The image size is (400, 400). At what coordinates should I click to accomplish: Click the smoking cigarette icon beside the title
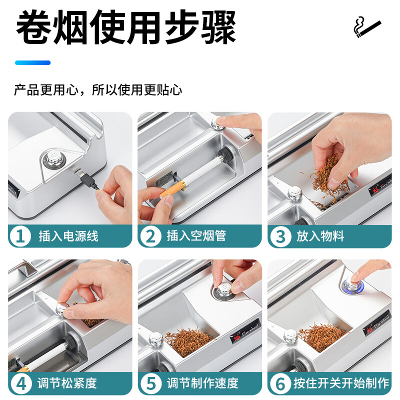[x=367, y=27]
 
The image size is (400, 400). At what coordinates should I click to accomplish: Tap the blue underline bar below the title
[x=32, y=63]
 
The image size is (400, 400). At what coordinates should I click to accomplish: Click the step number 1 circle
[x=20, y=236]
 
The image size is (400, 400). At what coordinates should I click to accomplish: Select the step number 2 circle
[x=151, y=236]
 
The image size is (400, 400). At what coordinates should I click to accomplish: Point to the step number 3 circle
[x=280, y=236]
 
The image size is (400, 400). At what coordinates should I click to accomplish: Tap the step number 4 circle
[x=21, y=383]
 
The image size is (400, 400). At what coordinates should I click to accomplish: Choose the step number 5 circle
[x=151, y=383]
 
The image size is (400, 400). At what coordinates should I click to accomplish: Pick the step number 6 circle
[x=280, y=383]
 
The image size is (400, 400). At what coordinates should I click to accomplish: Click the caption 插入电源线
[x=68, y=236]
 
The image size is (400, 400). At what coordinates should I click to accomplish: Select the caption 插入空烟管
[x=196, y=235]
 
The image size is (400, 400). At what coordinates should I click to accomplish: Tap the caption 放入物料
[x=320, y=236]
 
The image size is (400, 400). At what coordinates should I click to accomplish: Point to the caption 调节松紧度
[x=67, y=383]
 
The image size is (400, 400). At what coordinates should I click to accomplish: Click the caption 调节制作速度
[x=202, y=383]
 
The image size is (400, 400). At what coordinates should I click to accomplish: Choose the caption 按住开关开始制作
[x=341, y=383]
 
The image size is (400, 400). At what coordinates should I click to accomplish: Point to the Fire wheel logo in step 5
[x=245, y=331]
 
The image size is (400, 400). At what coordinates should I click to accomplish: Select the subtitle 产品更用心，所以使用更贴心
[x=98, y=90]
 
